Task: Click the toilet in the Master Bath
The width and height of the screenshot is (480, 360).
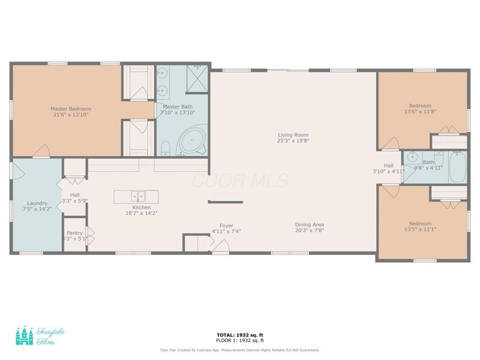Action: point(166,147)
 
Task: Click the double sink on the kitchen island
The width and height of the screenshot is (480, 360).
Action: point(139,196)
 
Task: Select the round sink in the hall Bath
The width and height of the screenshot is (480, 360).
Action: point(412,157)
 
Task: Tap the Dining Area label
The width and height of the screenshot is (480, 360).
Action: point(310,225)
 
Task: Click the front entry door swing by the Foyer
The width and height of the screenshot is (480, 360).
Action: point(220,246)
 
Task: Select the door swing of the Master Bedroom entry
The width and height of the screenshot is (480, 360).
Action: point(41,151)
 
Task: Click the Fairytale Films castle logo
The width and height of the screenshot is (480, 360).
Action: point(25,335)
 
